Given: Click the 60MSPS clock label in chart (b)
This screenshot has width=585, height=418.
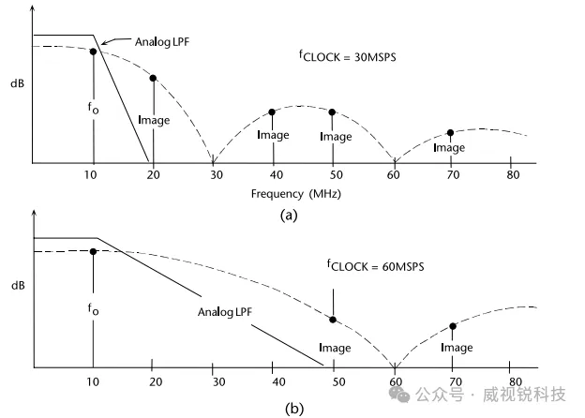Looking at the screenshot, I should (x=375, y=267).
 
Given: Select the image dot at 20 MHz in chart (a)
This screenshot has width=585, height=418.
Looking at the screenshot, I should (x=153, y=78).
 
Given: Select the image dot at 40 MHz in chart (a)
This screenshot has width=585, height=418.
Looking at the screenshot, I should (x=272, y=112).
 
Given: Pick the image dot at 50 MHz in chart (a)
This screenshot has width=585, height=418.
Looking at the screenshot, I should (x=333, y=112).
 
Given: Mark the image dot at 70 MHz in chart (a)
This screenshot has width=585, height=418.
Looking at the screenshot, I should (x=451, y=133).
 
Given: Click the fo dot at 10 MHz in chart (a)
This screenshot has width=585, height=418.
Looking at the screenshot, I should (x=94, y=52).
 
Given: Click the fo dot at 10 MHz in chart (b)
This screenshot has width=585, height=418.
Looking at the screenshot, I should (x=94, y=251).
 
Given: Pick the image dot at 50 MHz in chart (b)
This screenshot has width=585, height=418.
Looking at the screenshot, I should (x=334, y=320).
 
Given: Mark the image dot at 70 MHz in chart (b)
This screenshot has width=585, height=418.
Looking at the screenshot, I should (x=453, y=326).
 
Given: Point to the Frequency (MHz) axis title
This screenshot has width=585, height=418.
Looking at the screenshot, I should (x=290, y=194).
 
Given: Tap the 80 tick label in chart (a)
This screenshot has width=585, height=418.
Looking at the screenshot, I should (x=513, y=175).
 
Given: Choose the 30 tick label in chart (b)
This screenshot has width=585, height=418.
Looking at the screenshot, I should (x=215, y=382).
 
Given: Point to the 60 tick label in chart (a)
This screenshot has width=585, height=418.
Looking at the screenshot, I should (x=393, y=175).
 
